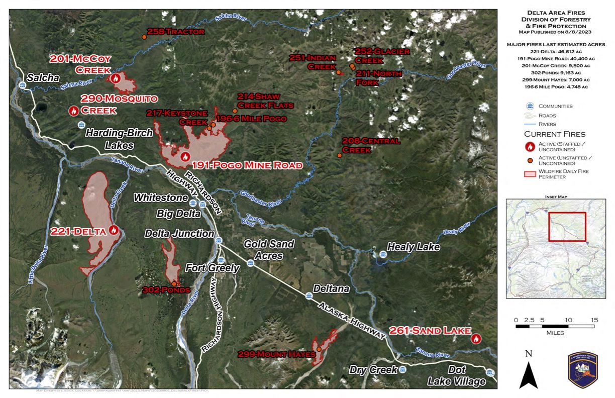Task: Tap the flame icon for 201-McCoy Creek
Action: pos(116,78)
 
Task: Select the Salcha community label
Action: pos(43,77)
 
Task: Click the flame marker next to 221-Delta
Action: pos(114,230)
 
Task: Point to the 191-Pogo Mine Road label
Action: pos(247,165)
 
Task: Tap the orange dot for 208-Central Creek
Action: pos(340,155)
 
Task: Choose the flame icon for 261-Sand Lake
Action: pos(476,339)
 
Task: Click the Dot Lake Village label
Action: pos(457,376)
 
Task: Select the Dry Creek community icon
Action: pos(402,369)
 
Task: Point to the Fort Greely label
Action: pos(213,268)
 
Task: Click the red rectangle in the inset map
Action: pos(567,227)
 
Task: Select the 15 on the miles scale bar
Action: pos(594,320)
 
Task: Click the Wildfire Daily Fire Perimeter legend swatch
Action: pos(530,173)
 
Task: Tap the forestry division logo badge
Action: pos(582,369)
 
